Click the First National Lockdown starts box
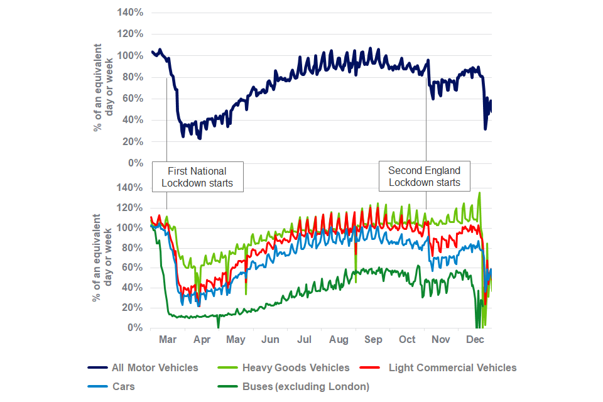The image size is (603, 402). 197,177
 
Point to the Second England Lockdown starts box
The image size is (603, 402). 424,177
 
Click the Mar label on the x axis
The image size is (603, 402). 168,340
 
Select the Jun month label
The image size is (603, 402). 270,340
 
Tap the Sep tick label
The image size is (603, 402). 373,340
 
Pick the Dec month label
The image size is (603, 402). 475,340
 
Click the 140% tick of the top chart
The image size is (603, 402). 131,13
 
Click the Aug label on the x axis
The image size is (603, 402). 339,340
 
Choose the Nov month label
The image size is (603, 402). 441,340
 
